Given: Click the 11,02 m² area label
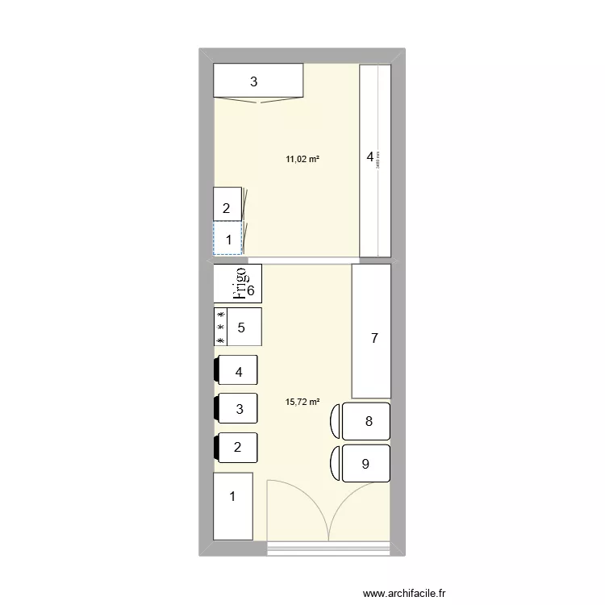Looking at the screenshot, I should click(302, 159).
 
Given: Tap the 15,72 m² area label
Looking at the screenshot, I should click(302, 401).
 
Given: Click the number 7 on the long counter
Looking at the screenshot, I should click(373, 340).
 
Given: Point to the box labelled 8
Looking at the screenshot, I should click(366, 421).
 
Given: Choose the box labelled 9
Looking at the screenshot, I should click(366, 464).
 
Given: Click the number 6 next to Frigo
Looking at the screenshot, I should click(251, 291).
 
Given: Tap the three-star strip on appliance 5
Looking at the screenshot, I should click(220, 328).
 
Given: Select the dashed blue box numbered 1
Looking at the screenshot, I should click(227, 240).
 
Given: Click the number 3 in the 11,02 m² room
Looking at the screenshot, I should click(253, 81).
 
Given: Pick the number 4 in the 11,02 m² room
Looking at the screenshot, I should click(370, 157).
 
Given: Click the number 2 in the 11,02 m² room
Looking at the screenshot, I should click(227, 208).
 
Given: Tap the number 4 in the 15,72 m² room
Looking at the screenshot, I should click(238, 373).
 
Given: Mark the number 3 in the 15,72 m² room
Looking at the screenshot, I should click(239, 409).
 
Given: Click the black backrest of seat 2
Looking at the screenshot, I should click(217, 447).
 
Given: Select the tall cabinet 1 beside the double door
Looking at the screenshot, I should click(233, 506).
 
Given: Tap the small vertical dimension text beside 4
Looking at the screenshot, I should click(378, 161).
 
